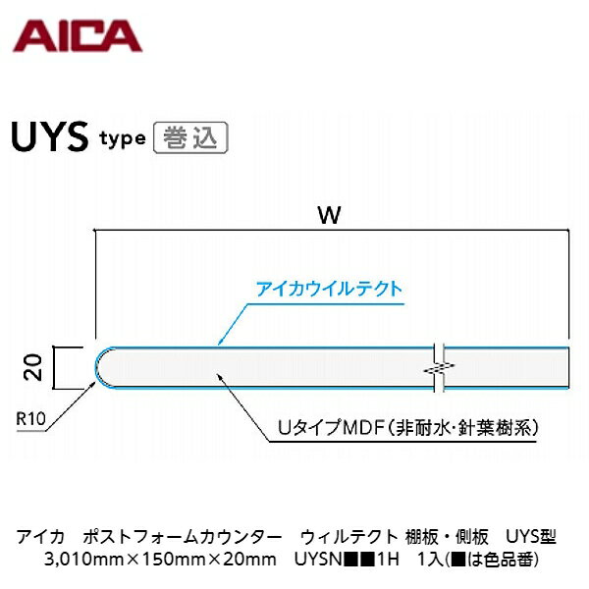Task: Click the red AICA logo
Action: [x=78, y=36]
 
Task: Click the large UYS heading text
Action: [x=50, y=137]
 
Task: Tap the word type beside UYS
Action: [x=123, y=139]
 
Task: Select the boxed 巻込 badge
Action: [x=190, y=137]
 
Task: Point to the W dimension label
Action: [x=330, y=215]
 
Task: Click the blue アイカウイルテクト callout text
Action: [x=330, y=290]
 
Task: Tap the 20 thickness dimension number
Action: [x=33, y=367]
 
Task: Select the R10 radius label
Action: [x=30, y=418]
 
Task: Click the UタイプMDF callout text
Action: [x=407, y=428]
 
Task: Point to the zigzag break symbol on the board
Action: [x=439, y=368]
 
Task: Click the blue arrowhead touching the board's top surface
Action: [x=221, y=341]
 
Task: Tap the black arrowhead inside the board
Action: [x=218, y=377]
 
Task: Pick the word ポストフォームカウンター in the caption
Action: [x=182, y=537]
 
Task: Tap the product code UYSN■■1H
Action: [x=347, y=560]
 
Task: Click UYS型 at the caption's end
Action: [x=531, y=537]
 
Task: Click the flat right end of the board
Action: [x=567, y=367]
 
